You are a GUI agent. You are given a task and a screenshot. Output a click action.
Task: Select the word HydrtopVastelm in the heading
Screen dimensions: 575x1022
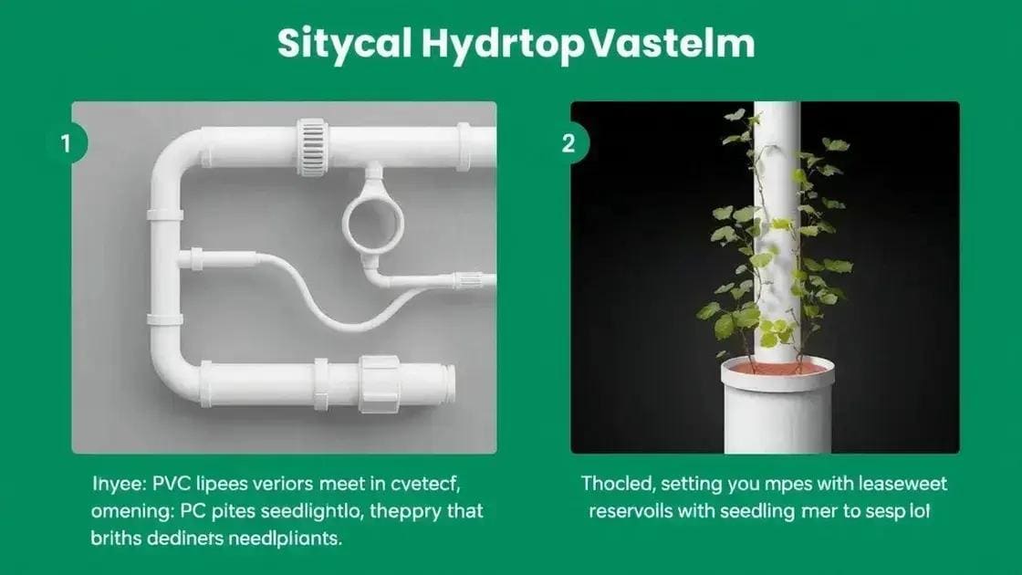[583, 46]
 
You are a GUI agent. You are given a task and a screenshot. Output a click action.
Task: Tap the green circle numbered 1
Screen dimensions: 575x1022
[65, 143]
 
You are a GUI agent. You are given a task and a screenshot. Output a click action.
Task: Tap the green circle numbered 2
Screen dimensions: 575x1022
[568, 143]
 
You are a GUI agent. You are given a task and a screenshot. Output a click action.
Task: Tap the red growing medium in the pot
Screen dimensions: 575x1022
[775, 367]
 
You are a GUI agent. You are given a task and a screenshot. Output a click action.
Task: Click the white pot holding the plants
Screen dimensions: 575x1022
[776, 406]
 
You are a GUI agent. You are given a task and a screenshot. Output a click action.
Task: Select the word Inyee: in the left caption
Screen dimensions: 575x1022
[115, 485]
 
